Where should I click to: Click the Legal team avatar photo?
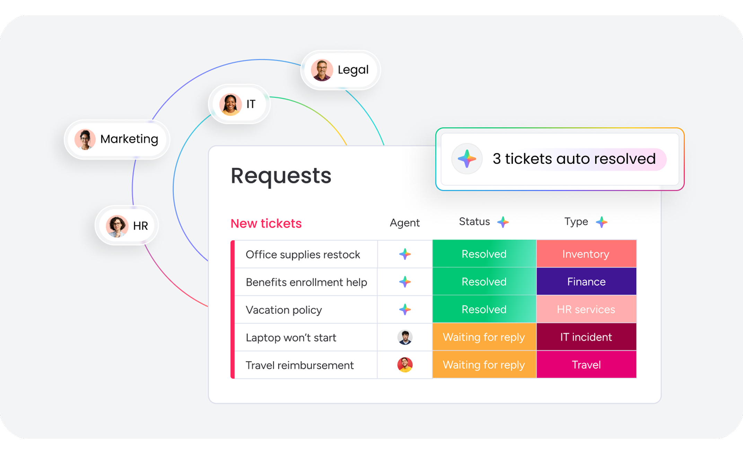[322, 70]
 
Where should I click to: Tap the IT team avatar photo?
[230, 104]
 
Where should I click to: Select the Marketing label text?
[129, 139]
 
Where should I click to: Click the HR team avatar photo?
[117, 226]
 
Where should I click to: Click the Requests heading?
[281, 176]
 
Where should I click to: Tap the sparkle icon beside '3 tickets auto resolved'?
[467, 159]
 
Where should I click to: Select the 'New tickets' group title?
[266, 224]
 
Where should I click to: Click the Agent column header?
[404, 223]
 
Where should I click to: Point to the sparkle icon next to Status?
[503, 222]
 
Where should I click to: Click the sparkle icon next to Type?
[602, 222]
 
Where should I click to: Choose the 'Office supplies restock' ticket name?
[303, 255]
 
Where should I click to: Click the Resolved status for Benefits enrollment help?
[484, 282]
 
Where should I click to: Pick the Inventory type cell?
[586, 254]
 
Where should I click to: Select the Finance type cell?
[586, 282]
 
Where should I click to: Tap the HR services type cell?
[586, 309]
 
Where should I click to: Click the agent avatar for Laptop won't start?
[405, 337]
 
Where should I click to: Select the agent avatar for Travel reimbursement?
[405, 365]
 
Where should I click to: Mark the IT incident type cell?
[586, 337]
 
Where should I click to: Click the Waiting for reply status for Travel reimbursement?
[484, 365]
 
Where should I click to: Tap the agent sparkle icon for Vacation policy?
[405, 309]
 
